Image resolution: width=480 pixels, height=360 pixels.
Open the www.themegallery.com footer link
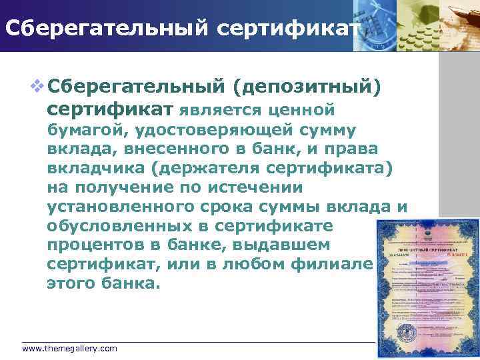click(69, 349)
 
